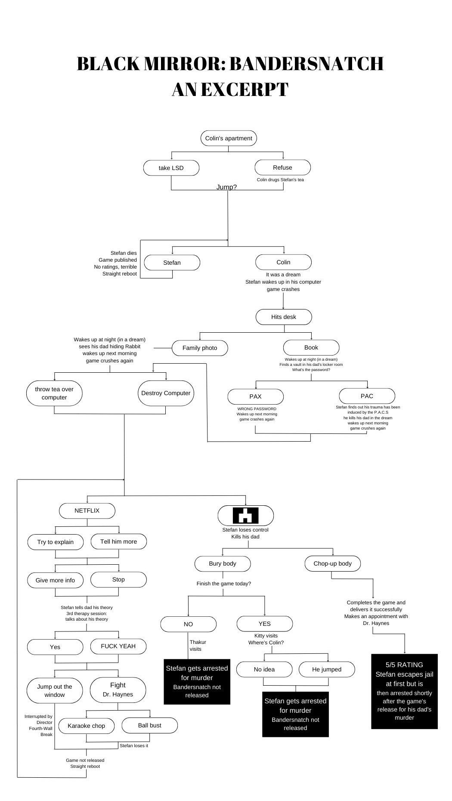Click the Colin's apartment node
(229, 138)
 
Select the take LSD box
(171, 168)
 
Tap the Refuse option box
(282, 167)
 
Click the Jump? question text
(226, 187)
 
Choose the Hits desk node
(284, 317)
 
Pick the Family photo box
(200, 348)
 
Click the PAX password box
(255, 396)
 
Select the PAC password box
(367, 396)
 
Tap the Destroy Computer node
(166, 393)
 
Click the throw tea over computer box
(54, 393)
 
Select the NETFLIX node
(87, 510)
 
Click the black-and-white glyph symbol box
(245, 515)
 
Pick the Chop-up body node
(332, 563)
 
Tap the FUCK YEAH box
(118, 646)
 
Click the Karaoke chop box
(86, 726)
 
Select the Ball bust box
(149, 725)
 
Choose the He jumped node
(327, 669)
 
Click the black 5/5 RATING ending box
(404, 691)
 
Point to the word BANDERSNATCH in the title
(306, 64)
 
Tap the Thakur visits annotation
(198, 645)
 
